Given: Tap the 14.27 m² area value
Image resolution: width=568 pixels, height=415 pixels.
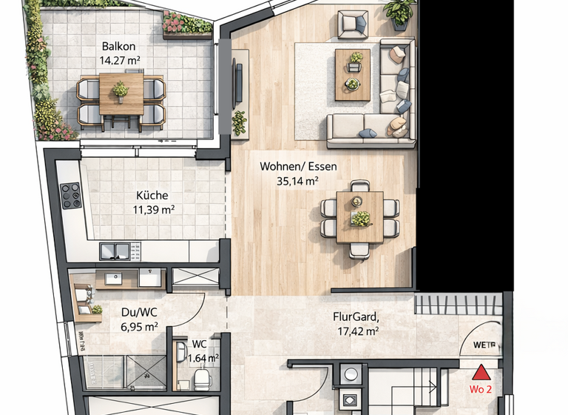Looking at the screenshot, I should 121,62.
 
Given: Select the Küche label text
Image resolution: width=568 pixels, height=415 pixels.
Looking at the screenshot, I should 152,196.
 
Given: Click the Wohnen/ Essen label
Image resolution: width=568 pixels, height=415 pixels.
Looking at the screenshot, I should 298,167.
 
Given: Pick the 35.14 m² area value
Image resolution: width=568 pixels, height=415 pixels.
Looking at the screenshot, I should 298,180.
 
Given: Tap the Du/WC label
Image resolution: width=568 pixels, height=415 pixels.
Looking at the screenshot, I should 139,312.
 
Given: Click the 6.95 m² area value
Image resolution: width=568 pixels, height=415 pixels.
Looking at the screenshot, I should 139,325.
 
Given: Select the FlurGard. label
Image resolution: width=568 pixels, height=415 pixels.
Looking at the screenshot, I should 356,318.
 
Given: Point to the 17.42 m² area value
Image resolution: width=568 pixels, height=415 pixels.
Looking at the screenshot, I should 356,331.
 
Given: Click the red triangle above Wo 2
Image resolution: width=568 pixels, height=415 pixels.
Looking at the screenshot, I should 481,372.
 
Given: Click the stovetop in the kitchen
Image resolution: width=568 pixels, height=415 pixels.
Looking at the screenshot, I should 72,196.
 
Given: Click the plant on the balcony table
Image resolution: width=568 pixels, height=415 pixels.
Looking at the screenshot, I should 121,90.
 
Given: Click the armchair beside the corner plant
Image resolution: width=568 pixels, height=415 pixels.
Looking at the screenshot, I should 353,24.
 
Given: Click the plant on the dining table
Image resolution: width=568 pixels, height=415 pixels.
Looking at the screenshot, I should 360,218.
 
